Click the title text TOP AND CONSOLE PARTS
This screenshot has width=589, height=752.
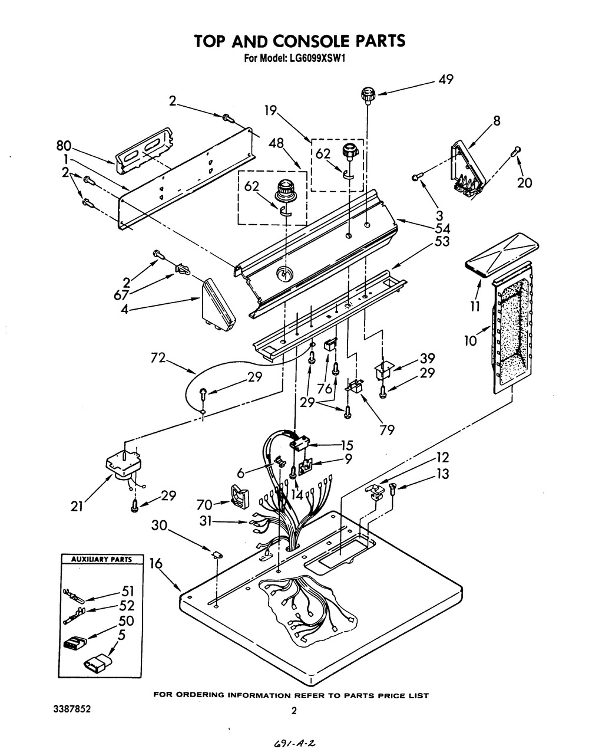pyautogui.click(x=300, y=41)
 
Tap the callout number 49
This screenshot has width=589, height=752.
pyautogui.click(x=446, y=80)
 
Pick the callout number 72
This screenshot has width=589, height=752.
pyautogui.click(x=158, y=357)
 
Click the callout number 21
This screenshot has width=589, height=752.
pyautogui.click(x=77, y=507)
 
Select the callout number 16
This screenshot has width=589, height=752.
pyautogui.click(x=156, y=564)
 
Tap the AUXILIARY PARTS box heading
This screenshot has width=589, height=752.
pyautogui.click(x=101, y=559)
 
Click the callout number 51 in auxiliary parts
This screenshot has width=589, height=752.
pyautogui.click(x=128, y=591)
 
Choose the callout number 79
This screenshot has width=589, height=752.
pyautogui.click(x=386, y=430)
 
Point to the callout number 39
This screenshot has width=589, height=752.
pyautogui.click(x=427, y=359)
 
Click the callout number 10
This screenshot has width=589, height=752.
pyautogui.click(x=470, y=341)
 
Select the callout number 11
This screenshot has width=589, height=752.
pyautogui.click(x=475, y=306)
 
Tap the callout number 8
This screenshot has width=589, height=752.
pyautogui.click(x=497, y=121)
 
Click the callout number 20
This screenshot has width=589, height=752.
pyautogui.click(x=524, y=183)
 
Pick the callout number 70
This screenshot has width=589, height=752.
pyautogui.click(x=204, y=504)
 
